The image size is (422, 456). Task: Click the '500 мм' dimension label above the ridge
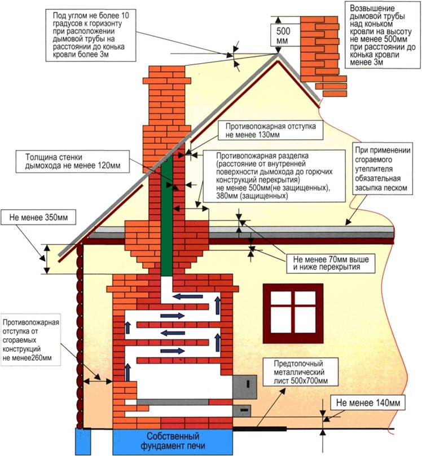[x=283, y=35]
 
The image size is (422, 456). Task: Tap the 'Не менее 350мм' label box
[x=38, y=217]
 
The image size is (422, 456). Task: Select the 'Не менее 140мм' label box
[x=368, y=403]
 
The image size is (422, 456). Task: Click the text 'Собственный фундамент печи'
[x=173, y=441]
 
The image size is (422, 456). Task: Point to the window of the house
[x=293, y=313]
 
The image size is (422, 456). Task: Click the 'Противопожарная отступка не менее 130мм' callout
[x=270, y=131]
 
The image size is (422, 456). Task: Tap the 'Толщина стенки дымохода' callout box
[x=72, y=161]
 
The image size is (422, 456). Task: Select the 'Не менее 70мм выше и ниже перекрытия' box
[x=331, y=263]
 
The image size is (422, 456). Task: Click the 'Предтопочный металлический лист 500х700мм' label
[x=301, y=372]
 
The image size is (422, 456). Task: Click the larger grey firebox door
[x=245, y=387]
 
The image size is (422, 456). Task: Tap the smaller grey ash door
[x=242, y=410]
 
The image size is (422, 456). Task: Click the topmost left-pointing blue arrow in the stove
[x=188, y=296]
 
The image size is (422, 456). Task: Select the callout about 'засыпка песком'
[x=383, y=169]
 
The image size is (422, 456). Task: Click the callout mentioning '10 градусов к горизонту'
[x=91, y=35]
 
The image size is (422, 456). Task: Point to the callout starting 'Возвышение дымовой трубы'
[x=383, y=36]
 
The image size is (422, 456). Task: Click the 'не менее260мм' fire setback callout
[x=31, y=339]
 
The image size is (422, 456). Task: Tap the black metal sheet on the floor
[x=260, y=429]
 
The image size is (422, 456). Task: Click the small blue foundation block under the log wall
[x=83, y=441]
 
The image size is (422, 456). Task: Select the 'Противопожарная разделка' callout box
[x=274, y=176]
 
